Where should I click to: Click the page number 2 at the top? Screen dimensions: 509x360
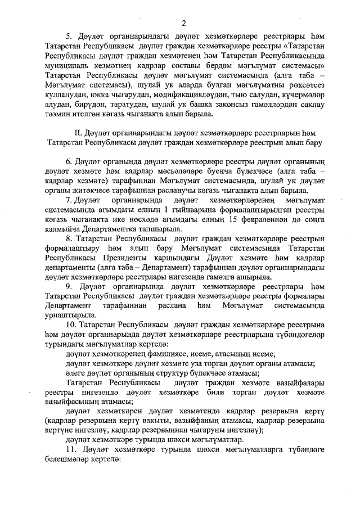coord(183,22)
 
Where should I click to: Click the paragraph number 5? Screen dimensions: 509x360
coord(69,37)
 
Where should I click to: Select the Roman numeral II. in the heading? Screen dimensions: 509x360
coord(78,133)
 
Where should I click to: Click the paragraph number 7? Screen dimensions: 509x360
coord(69,200)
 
